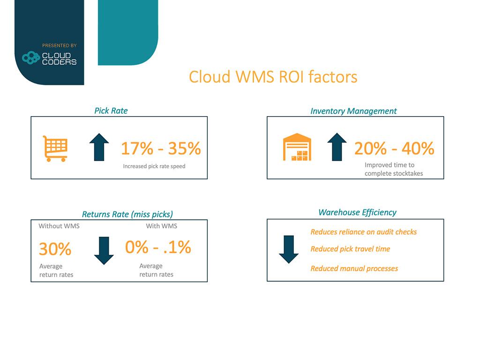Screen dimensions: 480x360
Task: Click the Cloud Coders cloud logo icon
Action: pyautogui.click(x=31, y=58)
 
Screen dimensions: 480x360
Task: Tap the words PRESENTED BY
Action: pyautogui.click(x=60, y=45)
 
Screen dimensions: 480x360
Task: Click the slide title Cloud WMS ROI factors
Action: pyautogui.click(x=273, y=77)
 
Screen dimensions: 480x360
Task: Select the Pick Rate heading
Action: pyautogui.click(x=111, y=111)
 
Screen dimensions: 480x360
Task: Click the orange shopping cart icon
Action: pyautogui.click(x=55, y=149)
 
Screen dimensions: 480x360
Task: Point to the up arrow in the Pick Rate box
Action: pyautogui.click(x=99, y=147)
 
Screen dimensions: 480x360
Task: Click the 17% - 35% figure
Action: pyautogui.click(x=161, y=149)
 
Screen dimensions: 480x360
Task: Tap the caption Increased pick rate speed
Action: pyautogui.click(x=154, y=166)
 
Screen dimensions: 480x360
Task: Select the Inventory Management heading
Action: pyautogui.click(x=353, y=111)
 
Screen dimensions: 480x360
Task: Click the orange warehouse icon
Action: pyautogui.click(x=297, y=147)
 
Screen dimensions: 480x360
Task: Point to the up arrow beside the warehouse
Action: pyautogui.click(x=337, y=147)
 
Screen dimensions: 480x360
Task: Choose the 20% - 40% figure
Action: pyautogui.click(x=394, y=149)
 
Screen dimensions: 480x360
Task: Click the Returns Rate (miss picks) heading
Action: pyautogui.click(x=127, y=214)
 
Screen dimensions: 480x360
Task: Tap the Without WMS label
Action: pyautogui.click(x=59, y=226)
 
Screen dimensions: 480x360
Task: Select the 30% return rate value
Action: pyautogui.click(x=55, y=248)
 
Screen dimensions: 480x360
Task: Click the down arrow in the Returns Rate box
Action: pyautogui.click(x=104, y=250)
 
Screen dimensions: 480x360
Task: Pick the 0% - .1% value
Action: pyautogui.click(x=158, y=247)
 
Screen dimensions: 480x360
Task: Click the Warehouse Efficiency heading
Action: pyautogui.click(x=357, y=212)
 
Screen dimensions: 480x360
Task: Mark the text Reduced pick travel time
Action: pyautogui.click(x=350, y=249)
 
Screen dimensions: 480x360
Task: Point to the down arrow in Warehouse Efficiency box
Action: pyautogui.click(x=289, y=249)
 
